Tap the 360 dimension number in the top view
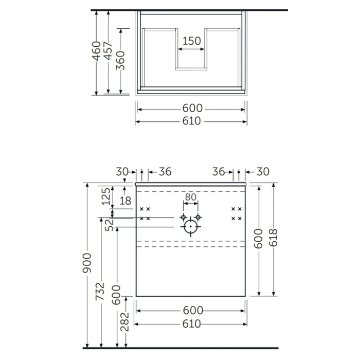click(x=121, y=61)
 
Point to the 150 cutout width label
click(x=191, y=41)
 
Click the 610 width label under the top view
click(x=192, y=121)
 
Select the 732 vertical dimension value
click(x=101, y=291)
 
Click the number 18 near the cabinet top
click(x=125, y=201)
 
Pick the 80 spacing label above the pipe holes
click(x=191, y=196)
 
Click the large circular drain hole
click(x=191, y=226)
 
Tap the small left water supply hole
click(x=183, y=217)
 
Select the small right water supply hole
click(x=199, y=217)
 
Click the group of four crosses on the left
click(x=145, y=213)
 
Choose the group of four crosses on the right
click(x=237, y=213)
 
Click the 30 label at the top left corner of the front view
click(x=122, y=171)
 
